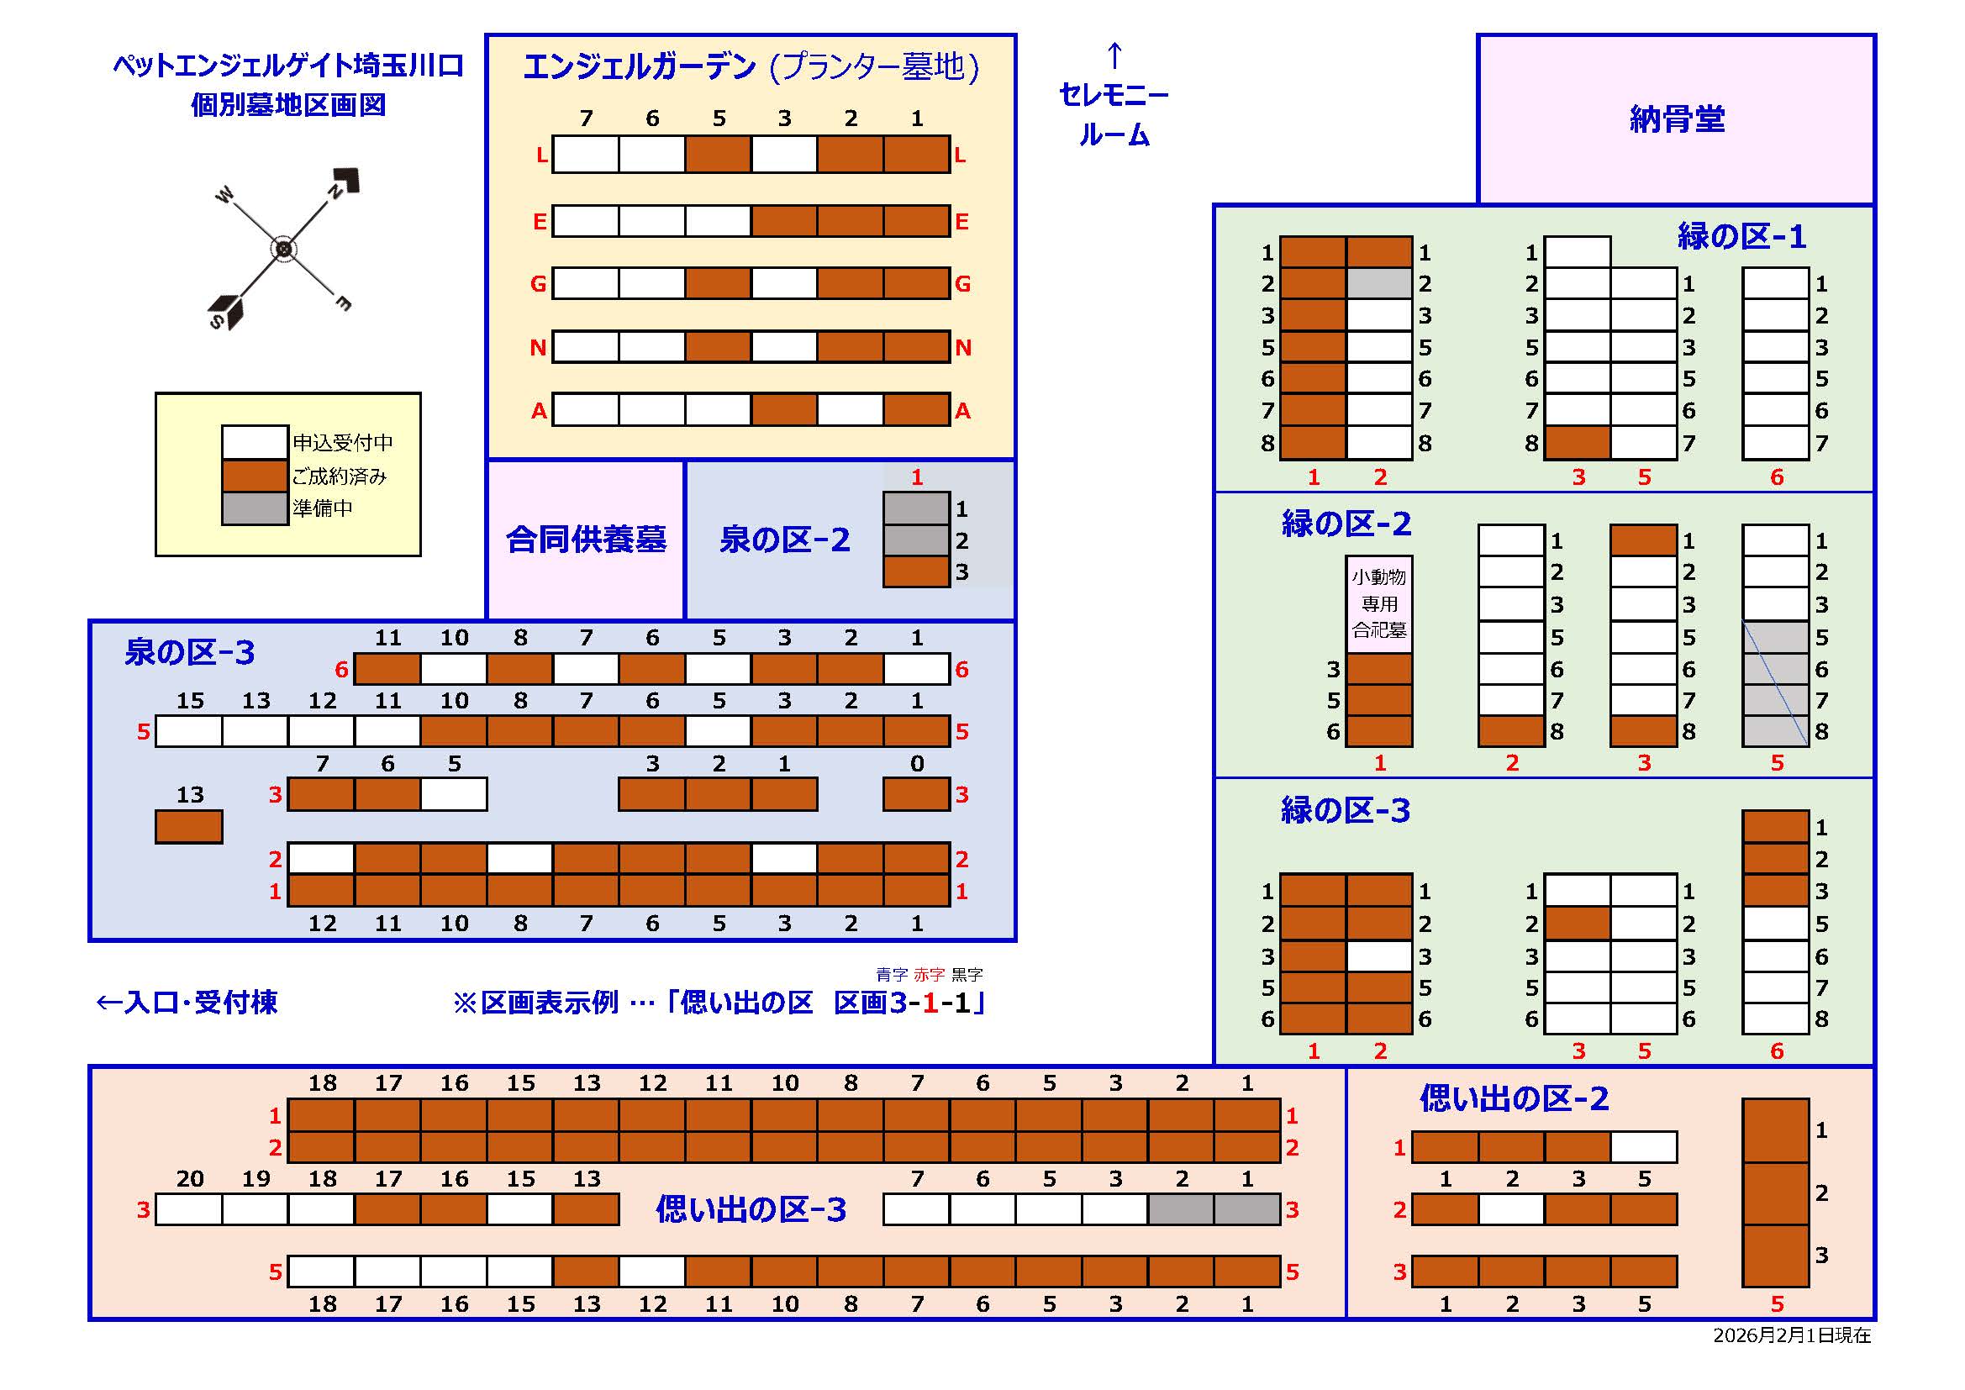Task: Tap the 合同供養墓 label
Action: click(586, 540)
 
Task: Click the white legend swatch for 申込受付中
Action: click(254, 443)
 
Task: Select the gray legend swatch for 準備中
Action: click(254, 508)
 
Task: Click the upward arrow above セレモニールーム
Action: click(1114, 55)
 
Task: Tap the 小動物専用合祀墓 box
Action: click(1378, 603)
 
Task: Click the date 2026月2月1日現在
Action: click(1791, 1336)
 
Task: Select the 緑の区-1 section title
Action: click(1741, 236)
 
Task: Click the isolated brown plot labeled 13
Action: click(189, 827)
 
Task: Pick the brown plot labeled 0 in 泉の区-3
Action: click(917, 794)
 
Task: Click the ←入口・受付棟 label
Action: click(187, 1003)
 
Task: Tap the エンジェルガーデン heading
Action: click(640, 66)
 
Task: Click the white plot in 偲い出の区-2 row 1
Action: click(1643, 1147)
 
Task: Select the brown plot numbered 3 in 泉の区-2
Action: click(917, 571)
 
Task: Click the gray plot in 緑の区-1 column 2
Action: click(1378, 283)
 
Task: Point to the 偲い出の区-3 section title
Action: click(751, 1209)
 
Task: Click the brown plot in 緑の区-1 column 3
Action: click(1578, 444)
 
